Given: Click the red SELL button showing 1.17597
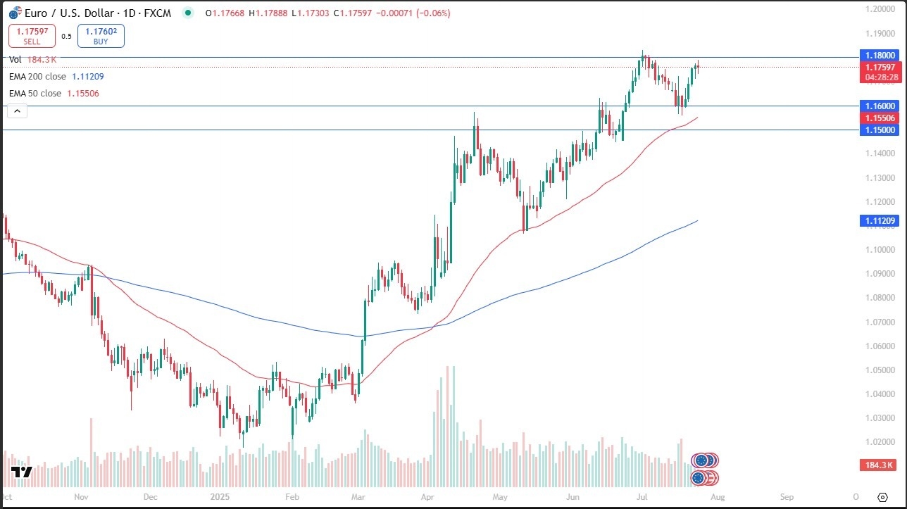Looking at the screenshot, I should click(32, 36).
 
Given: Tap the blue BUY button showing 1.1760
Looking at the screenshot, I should click(101, 36).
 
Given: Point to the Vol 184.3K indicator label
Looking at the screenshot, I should click(33, 60).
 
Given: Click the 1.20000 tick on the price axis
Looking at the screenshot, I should click(880, 9).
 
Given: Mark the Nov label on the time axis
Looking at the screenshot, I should click(80, 496).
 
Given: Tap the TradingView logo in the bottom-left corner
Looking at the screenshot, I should click(22, 472).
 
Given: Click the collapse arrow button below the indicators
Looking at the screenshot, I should click(18, 111).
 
